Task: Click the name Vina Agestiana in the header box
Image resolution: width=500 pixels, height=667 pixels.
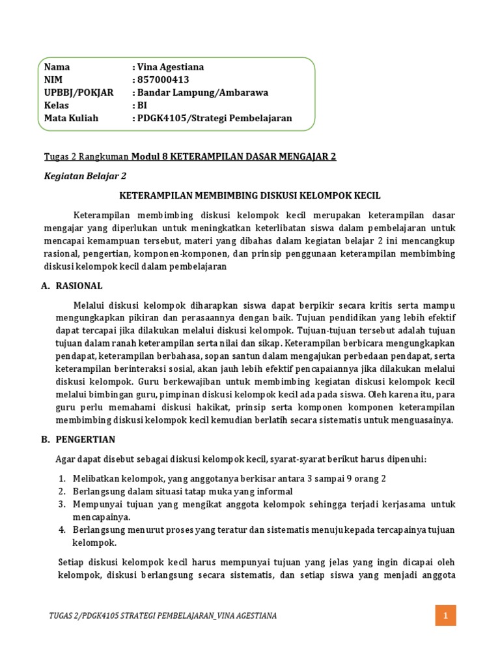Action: tap(171, 67)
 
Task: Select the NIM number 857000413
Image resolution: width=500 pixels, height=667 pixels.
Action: tap(163, 79)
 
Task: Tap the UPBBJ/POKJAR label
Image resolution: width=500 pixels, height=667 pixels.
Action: tap(78, 92)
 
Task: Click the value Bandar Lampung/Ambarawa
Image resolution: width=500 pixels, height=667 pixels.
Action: tap(202, 92)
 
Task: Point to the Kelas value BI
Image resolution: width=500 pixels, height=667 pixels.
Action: tap(141, 105)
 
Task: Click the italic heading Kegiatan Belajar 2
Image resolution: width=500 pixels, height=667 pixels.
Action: tap(85, 176)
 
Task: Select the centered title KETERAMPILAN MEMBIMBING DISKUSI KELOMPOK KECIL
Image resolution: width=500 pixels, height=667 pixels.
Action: tap(250, 195)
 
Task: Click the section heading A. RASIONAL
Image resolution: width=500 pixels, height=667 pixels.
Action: tap(72, 286)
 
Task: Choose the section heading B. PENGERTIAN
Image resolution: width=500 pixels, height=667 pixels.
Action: tap(77, 440)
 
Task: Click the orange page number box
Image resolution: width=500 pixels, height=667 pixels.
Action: tap(446, 615)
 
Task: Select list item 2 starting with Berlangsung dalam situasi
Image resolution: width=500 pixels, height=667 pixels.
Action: tap(182, 491)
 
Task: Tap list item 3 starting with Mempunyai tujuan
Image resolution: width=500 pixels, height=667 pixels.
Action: tap(263, 504)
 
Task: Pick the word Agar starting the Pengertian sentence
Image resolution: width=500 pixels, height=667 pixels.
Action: tap(65, 459)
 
